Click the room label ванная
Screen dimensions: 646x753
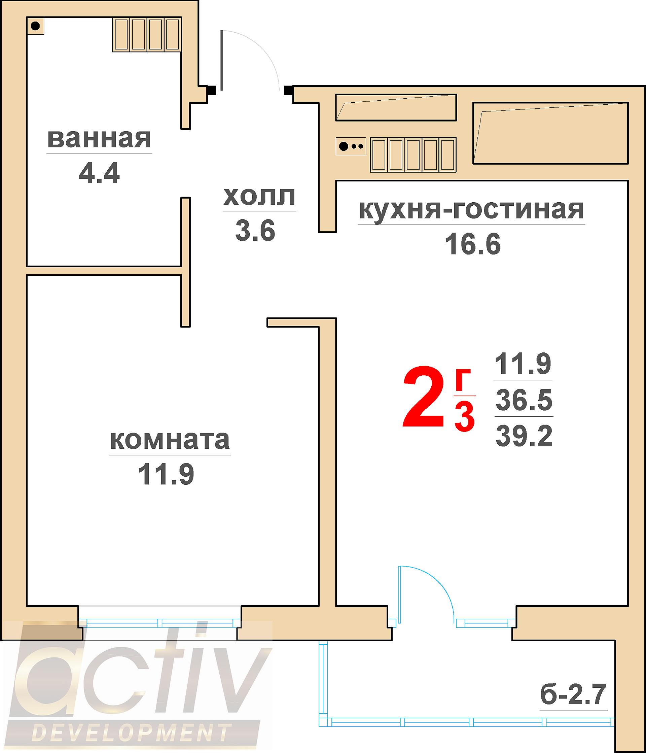pyautogui.click(x=99, y=138)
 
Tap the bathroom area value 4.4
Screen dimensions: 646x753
pyautogui.click(x=99, y=173)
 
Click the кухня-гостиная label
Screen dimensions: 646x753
pyautogui.click(x=471, y=210)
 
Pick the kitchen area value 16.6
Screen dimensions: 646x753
pyautogui.click(x=473, y=244)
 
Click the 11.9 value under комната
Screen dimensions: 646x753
pyautogui.click(x=166, y=474)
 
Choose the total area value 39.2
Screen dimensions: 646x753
pyautogui.click(x=524, y=436)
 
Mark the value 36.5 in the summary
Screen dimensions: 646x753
pyautogui.click(x=524, y=400)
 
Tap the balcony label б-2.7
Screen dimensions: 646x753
pyautogui.click(x=573, y=694)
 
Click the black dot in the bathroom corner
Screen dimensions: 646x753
pyautogui.click(x=35, y=26)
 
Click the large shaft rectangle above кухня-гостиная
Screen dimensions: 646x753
pyautogui.click(x=550, y=133)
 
